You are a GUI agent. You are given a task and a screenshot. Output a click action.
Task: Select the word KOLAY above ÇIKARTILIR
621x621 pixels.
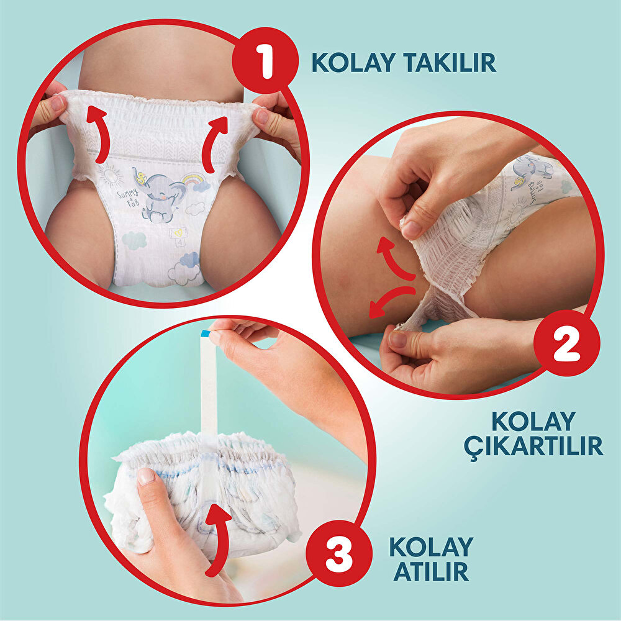pos(533,422)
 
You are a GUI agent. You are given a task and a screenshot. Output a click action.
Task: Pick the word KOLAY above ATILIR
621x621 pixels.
pos(431,546)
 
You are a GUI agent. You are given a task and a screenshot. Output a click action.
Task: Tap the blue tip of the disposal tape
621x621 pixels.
pos(206,334)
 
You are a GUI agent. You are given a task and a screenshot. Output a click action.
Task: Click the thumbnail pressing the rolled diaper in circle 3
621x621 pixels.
pos(145,476)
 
